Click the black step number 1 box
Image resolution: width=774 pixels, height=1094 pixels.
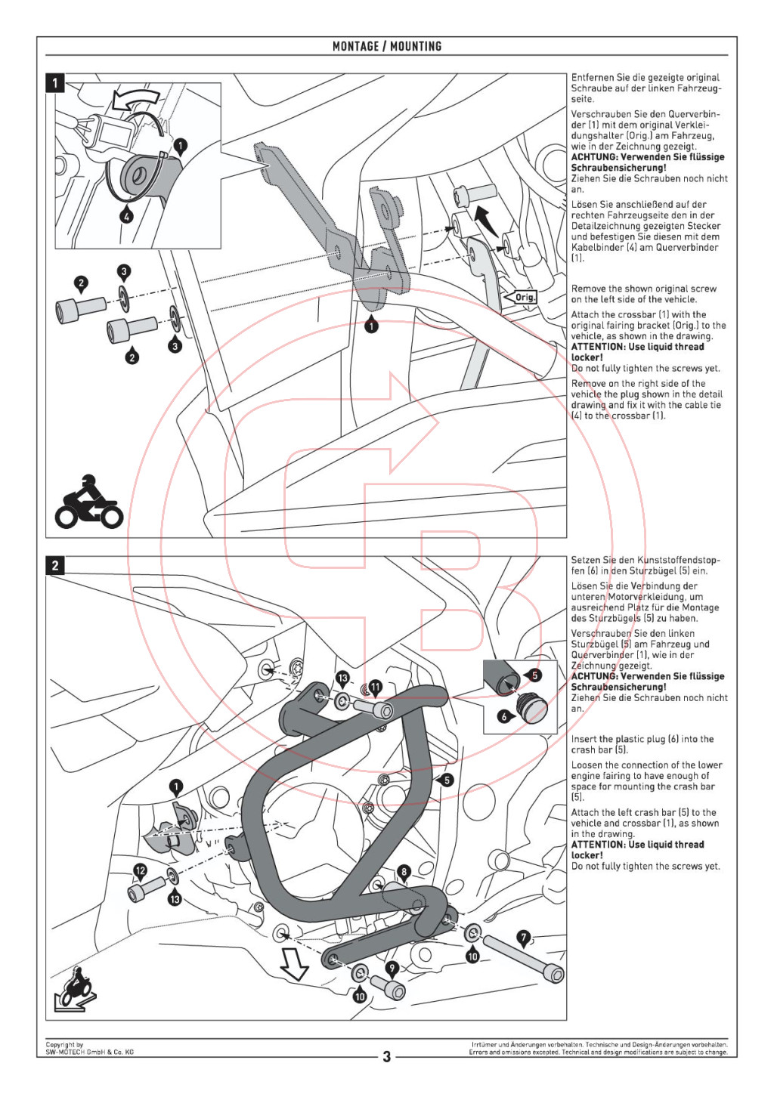pyautogui.click(x=55, y=82)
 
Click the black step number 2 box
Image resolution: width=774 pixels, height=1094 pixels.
pyautogui.click(x=55, y=565)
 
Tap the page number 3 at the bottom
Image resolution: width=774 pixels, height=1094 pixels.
pyautogui.click(x=387, y=1056)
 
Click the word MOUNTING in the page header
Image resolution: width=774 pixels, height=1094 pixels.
pyautogui.click(x=416, y=46)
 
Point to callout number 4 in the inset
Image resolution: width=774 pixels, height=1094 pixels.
pyautogui.click(x=127, y=215)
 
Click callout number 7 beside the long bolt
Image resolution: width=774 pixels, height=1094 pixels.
pyautogui.click(x=524, y=938)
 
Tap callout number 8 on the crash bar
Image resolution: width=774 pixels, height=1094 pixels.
pyautogui.click(x=404, y=872)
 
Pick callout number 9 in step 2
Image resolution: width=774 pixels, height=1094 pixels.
pyautogui.click(x=392, y=968)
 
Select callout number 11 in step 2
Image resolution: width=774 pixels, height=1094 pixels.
pyautogui.click(x=375, y=687)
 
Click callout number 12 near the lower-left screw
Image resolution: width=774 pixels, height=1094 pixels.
pyautogui.click(x=140, y=870)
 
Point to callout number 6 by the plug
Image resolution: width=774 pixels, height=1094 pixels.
pyautogui.click(x=504, y=716)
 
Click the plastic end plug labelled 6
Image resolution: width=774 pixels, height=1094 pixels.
pyautogui.click(x=532, y=709)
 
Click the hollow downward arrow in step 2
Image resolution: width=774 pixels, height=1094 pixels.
pyautogui.click(x=293, y=964)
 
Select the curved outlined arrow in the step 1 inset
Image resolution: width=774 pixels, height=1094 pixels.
pyautogui.click(x=136, y=99)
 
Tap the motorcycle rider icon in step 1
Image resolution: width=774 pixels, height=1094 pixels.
pyautogui.click(x=88, y=504)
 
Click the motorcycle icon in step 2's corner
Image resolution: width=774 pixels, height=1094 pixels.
pyautogui.click(x=76, y=987)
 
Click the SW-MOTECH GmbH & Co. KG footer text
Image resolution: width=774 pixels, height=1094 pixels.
pyautogui.click(x=89, y=1052)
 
